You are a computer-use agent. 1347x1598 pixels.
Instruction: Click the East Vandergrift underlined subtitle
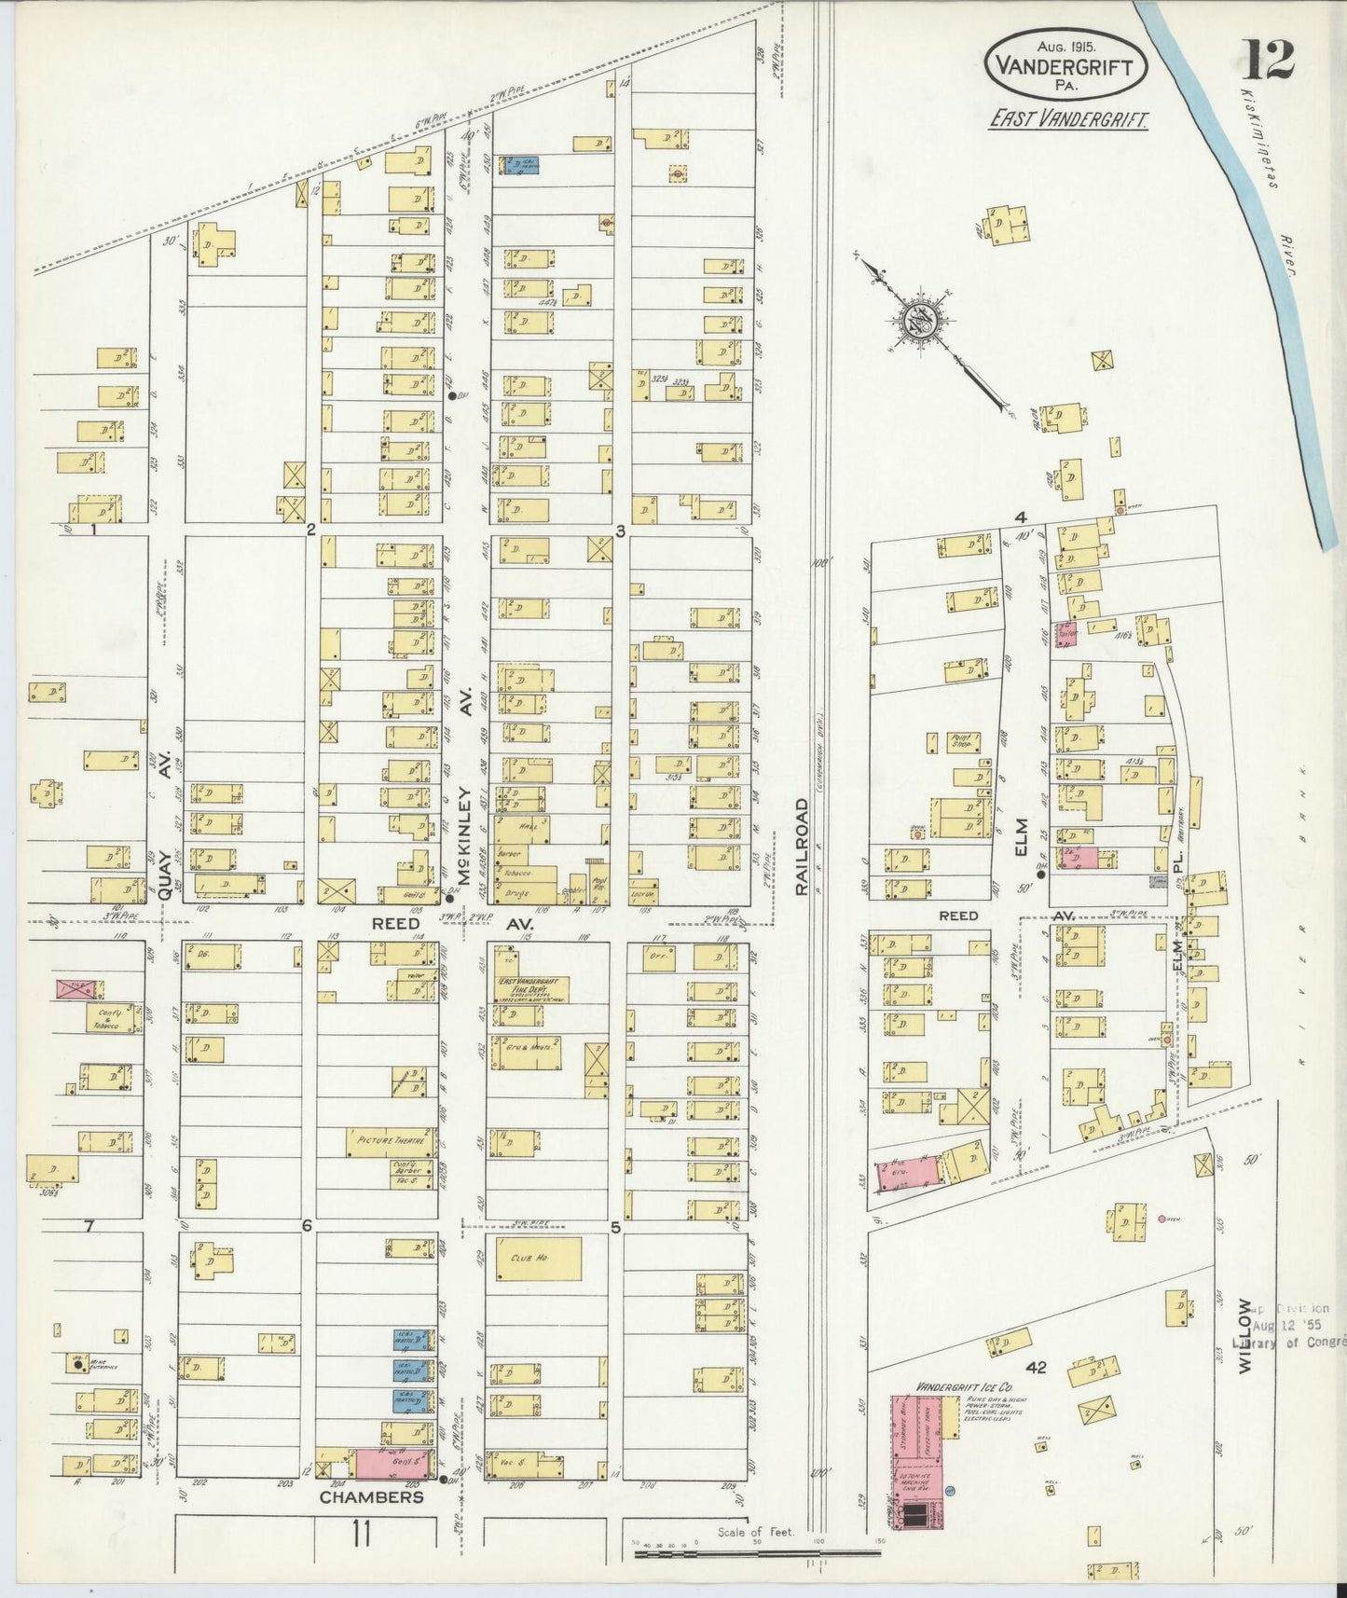[1068, 120]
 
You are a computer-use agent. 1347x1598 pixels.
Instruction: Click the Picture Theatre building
[391, 1140]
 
